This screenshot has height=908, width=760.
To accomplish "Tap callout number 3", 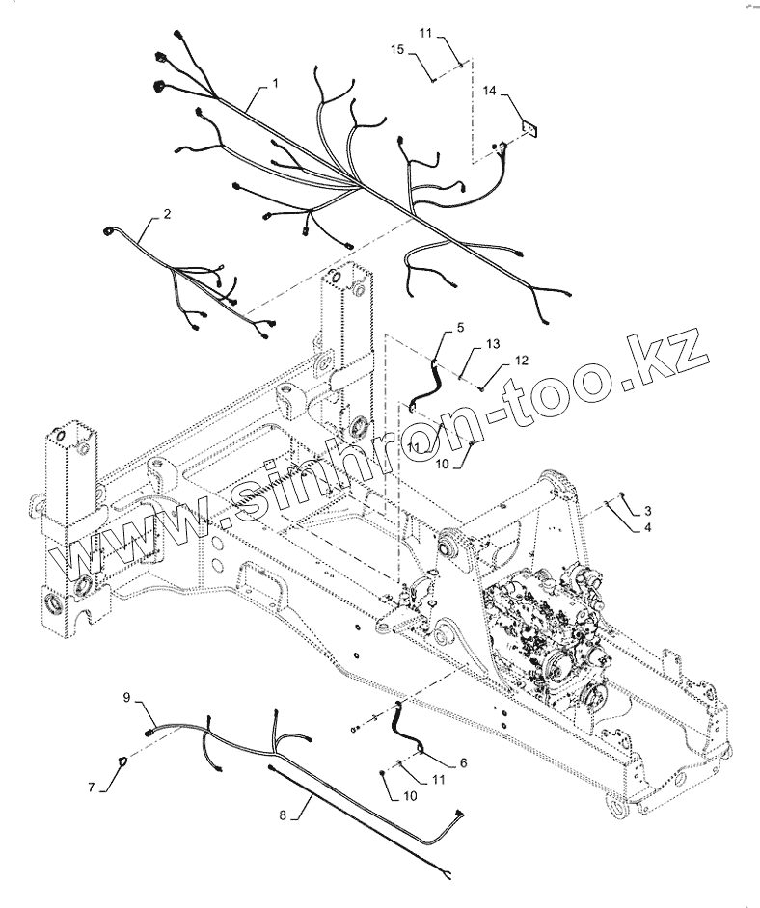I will pyautogui.click(x=648, y=510).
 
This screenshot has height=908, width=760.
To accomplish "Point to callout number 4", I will pyautogui.click(x=648, y=527).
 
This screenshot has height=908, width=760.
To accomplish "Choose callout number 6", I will pyautogui.click(x=463, y=762).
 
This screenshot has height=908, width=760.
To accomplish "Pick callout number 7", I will pyautogui.click(x=92, y=788).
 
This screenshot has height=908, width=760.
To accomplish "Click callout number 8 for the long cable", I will pyautogui.click(x=283, y=816).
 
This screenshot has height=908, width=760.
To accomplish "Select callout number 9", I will pyautogui.click(x=126, y=696).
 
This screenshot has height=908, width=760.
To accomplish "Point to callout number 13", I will pyautogui.click(x=493, y=344).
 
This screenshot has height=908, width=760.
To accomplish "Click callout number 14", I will pyautogui.click(x=489, y=91).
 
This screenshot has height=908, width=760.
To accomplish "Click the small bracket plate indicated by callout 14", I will pyautogui.click(x=529, y=126).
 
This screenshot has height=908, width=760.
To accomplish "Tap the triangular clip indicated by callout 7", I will pyautogui.click(x=122, y=763).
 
